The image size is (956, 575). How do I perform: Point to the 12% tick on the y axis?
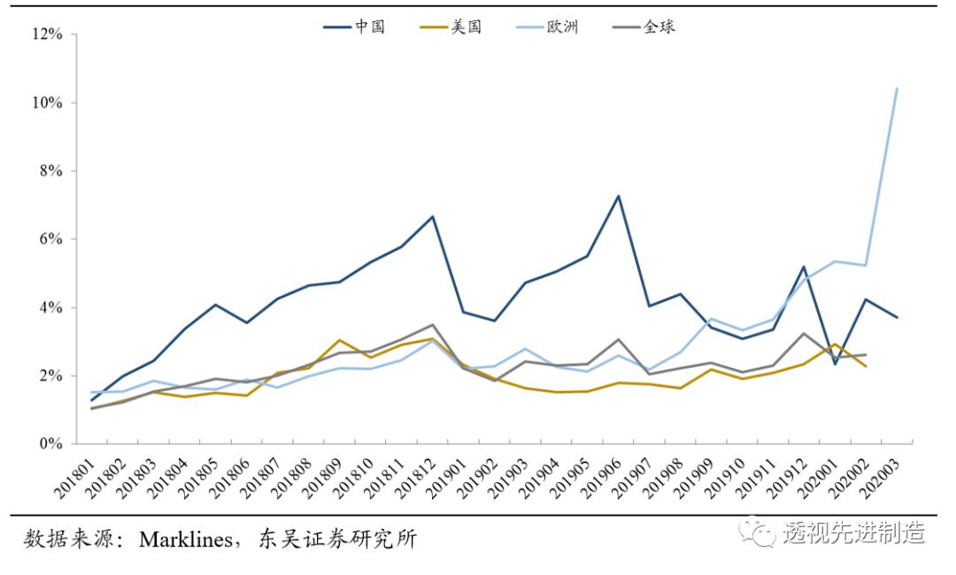[47, 35]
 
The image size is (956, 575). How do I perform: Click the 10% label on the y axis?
[47, 103]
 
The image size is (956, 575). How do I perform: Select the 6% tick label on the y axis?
[50, 239]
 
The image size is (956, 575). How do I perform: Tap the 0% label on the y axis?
[50, 444]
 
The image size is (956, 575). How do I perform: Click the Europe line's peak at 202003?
[897, 89]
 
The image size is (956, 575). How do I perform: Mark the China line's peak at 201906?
[619, 196]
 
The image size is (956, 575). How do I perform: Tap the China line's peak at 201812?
[433, 216]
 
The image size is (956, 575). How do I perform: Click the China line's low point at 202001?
[835, 363]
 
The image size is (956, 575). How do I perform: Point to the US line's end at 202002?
[866, 367]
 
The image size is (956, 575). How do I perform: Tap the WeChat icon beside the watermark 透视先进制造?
[760, 532]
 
